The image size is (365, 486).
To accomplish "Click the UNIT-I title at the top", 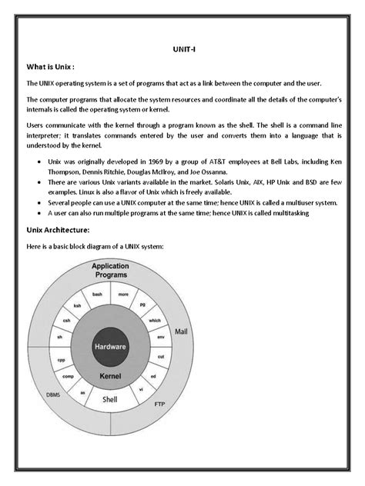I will click(x=182, y=48).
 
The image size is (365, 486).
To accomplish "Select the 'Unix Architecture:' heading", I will click(x=58, y=230).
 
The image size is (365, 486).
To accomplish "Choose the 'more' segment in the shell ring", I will click(x=123, y=294).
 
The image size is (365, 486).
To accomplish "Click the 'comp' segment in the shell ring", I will click(x=69, y=376).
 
